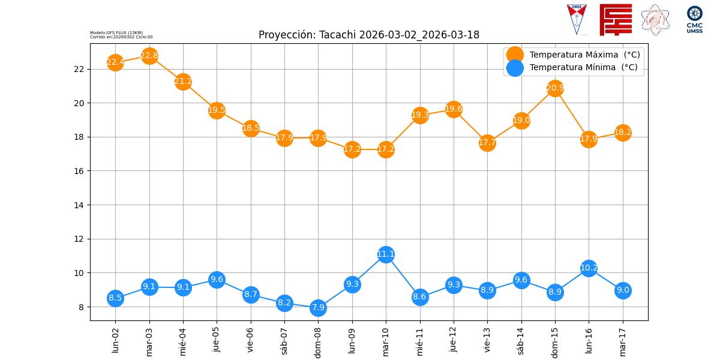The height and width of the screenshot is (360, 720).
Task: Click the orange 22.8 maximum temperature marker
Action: [149, 56]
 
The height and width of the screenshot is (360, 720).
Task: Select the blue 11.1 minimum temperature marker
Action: [386, 254]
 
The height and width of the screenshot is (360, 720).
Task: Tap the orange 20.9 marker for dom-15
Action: [555, 88]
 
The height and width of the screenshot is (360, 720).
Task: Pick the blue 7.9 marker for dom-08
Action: [318, 308]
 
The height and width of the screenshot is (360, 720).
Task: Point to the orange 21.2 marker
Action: [183, 82]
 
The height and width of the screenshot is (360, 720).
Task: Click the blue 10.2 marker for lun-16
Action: [589, 268]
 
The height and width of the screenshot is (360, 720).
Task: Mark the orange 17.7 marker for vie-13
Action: [487, 143]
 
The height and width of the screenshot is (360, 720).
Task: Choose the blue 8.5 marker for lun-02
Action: [115, 298]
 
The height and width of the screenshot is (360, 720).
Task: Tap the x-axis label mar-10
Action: [386, 340]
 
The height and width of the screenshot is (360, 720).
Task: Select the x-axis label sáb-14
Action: [521, 340]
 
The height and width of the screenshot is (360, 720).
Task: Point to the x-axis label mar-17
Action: [623, 340]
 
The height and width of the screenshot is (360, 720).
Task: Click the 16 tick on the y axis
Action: [79, 171]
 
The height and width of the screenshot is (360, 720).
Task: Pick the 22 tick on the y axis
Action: [79, 69]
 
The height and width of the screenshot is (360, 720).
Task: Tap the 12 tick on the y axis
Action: [79, 239]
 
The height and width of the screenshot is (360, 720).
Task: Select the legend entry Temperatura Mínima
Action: [583, 68]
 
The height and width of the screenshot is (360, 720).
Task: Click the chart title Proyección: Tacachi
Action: [368, 35]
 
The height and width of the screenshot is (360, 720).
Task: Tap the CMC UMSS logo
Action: [695, 19]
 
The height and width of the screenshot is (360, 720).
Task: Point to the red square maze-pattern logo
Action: [616, 19]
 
